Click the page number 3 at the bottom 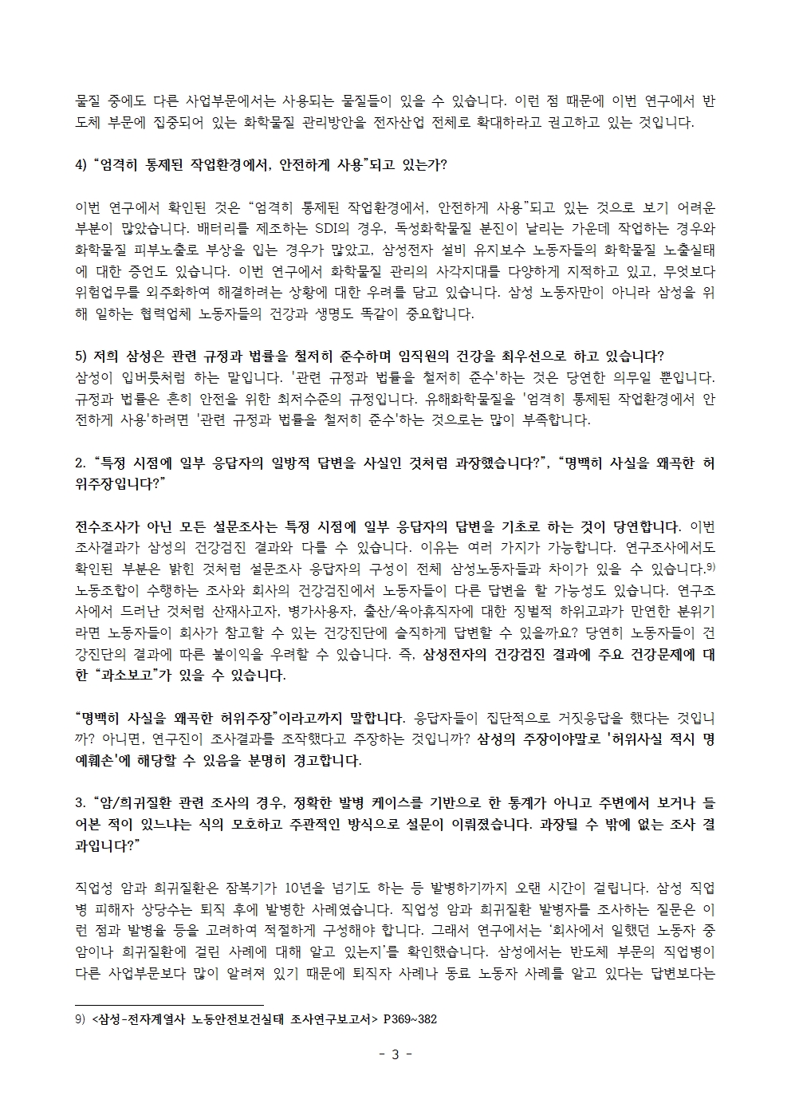pos(395,1054)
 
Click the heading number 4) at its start pos(81,165)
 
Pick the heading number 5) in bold pos(81,356)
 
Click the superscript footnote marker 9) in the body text pos(709,565)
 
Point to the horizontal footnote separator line pos(168,1005)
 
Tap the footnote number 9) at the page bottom pos(80,1019)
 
